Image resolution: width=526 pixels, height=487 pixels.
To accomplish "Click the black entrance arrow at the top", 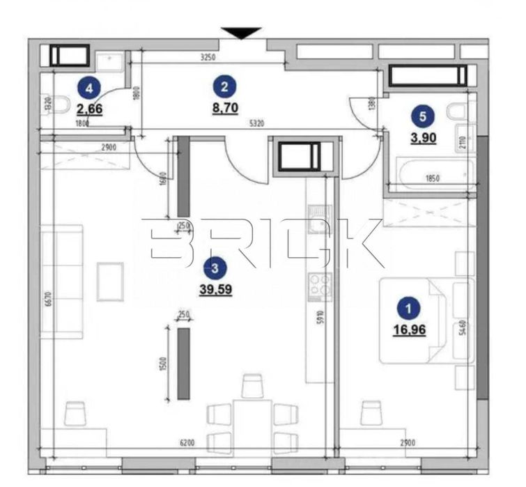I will pyautogui.click(x=242, y=32).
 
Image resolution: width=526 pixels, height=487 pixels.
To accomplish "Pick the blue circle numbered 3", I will pyautogui.click(x=215, y=266).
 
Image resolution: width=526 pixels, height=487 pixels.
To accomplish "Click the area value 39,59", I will pyautogui.click(x=215, y=287).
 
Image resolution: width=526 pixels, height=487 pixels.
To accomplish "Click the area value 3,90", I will pyautogui.click(x=424, y=138).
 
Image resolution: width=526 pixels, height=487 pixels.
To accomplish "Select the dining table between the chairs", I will pyautogui.click(x=253, y=421).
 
